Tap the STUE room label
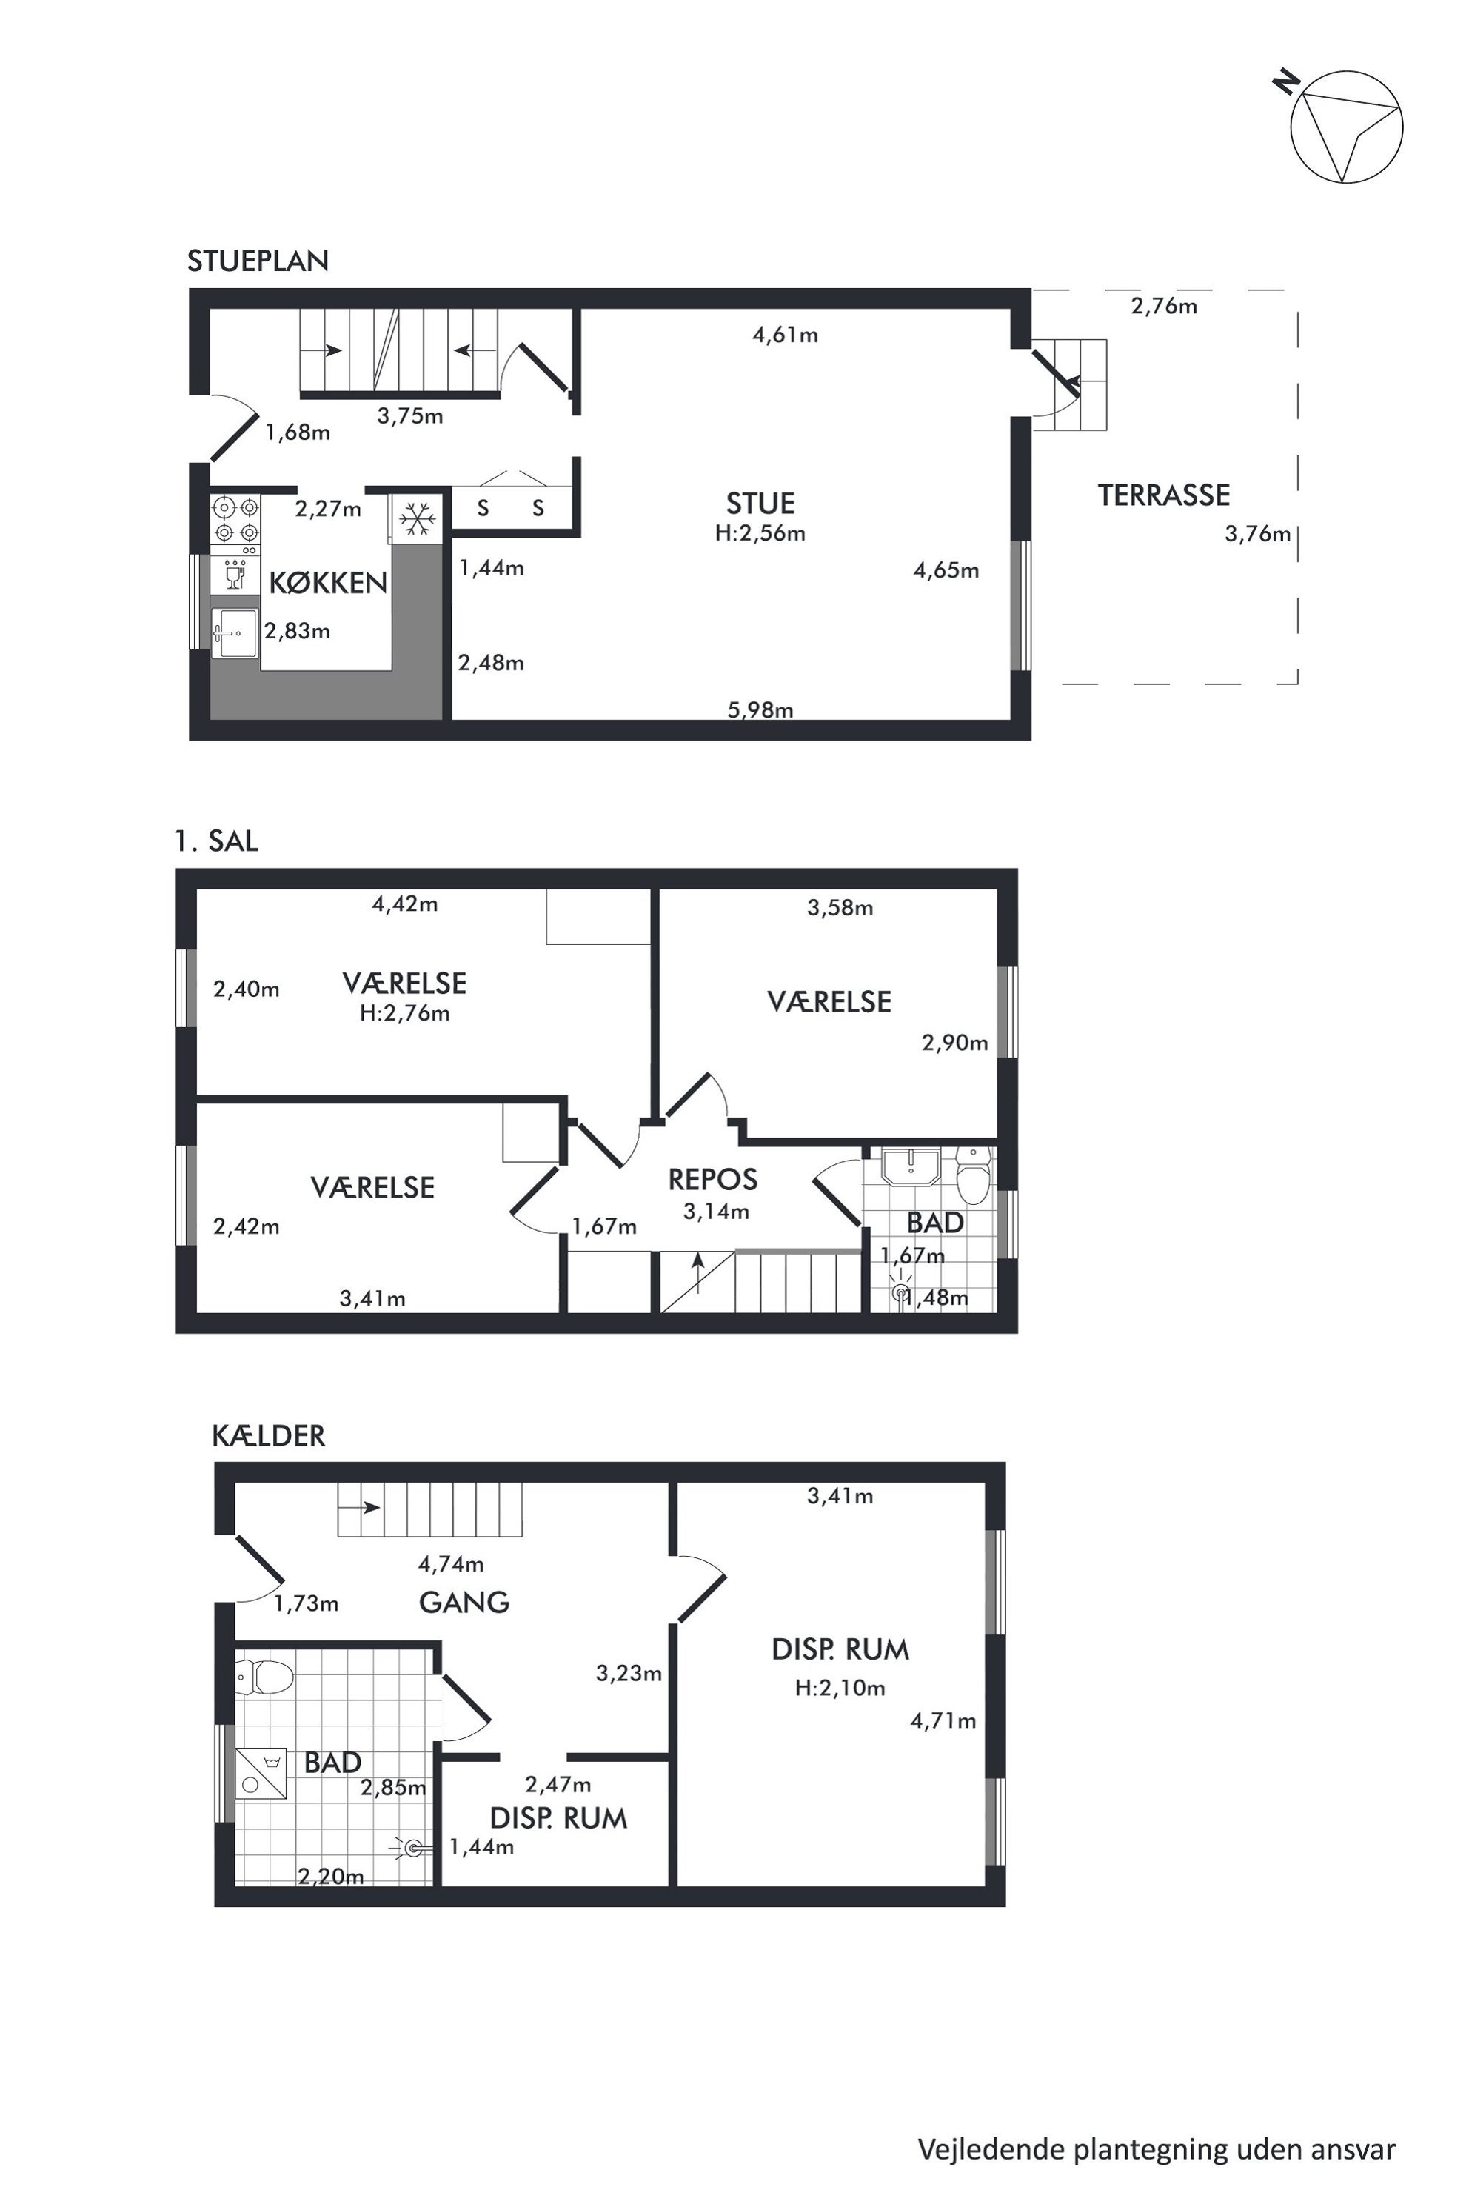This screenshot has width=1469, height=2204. (760, 504)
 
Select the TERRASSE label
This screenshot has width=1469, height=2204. (1164, 495)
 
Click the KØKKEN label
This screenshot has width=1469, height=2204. (328, 583)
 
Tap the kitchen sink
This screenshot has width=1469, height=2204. (234, 633)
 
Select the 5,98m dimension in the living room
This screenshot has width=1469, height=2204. (760, 709)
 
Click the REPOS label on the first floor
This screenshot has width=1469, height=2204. (712, 1179)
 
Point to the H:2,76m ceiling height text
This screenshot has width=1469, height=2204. (405, 1013)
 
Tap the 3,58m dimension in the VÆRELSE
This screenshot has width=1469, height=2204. (840, 907)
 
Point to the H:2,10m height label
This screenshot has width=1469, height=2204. (840, 1688)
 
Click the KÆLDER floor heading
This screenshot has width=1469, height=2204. (269, 1435)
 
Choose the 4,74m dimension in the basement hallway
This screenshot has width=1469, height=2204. (451, 1563)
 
